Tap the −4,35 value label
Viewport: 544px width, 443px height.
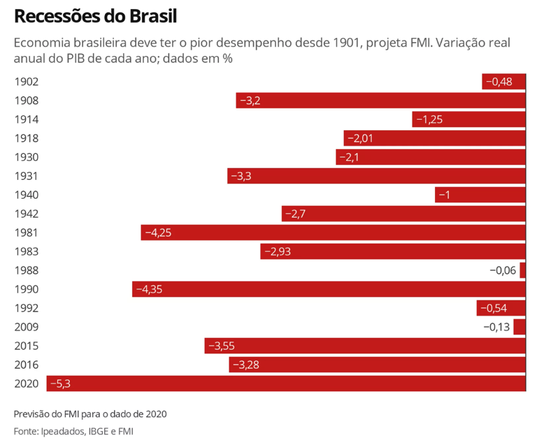[x=149, y=289]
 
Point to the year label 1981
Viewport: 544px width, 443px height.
[x=26, y=232]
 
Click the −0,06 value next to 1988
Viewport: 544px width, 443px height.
[x=503, y=270]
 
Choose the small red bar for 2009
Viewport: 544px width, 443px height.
[x=519, y=327]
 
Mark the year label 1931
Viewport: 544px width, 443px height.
[x=26, y=176]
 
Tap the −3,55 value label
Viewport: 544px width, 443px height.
[x=222, y=346]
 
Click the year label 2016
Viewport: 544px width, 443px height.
[x=26, y=365]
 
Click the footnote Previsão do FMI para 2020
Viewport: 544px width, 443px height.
[x=90, y=414]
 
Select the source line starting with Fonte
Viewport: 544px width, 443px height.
[x=73, y=431]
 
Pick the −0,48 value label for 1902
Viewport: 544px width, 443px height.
[x=499, y=82]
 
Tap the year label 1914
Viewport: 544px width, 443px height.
[x=26, y=120]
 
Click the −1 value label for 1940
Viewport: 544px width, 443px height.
[x=444, y=195]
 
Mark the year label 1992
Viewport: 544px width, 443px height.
[x=26, y=308]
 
